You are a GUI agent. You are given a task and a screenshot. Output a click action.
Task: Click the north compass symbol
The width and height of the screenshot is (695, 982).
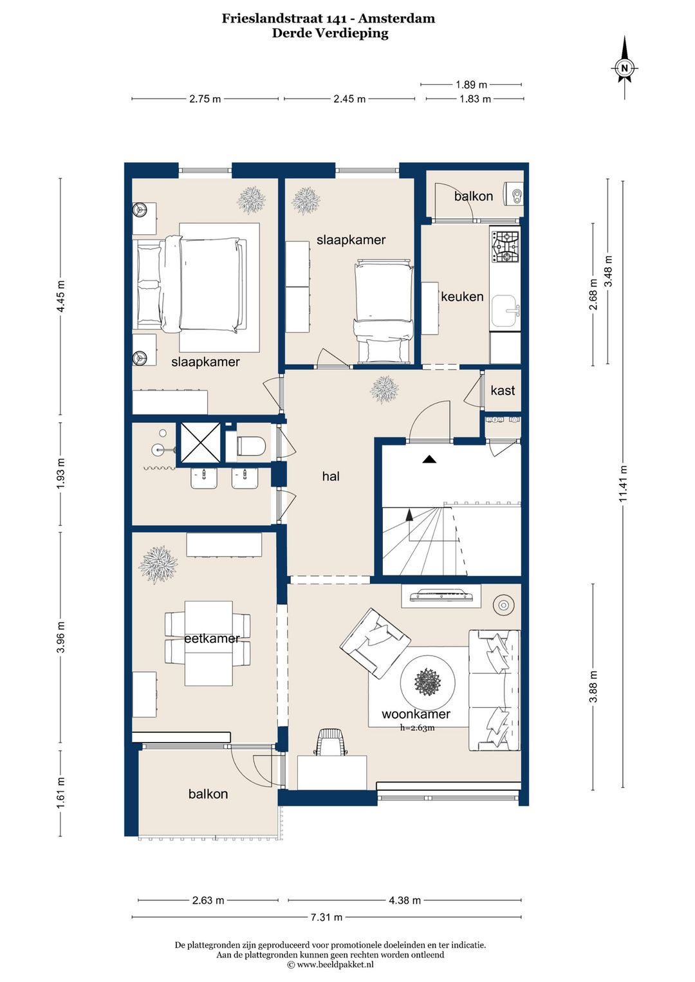point(624,68)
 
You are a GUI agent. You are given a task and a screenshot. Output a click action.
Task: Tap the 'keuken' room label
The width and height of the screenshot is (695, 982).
point(462,297)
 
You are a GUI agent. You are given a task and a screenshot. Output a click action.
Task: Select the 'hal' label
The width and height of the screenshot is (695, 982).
point(331,476)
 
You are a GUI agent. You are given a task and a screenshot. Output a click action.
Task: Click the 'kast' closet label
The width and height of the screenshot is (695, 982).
point(503,390)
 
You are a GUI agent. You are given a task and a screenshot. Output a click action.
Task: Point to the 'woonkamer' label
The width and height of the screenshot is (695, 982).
point(416,714)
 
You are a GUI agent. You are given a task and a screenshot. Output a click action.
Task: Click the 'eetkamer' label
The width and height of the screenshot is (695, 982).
point(212,638)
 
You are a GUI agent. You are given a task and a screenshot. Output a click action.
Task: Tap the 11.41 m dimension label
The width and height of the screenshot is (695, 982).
point(624,483)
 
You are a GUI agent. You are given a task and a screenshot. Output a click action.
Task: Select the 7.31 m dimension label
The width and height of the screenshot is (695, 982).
point(326,918)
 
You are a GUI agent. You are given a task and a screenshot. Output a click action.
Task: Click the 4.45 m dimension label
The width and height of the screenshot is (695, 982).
point(60,296)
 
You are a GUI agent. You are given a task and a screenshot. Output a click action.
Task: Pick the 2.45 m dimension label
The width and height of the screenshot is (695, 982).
point(349,99)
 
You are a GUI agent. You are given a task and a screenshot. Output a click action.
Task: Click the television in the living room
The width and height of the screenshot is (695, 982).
point(441,596)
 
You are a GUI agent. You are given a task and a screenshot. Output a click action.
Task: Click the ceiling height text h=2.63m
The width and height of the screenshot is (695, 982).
point(417,728)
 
